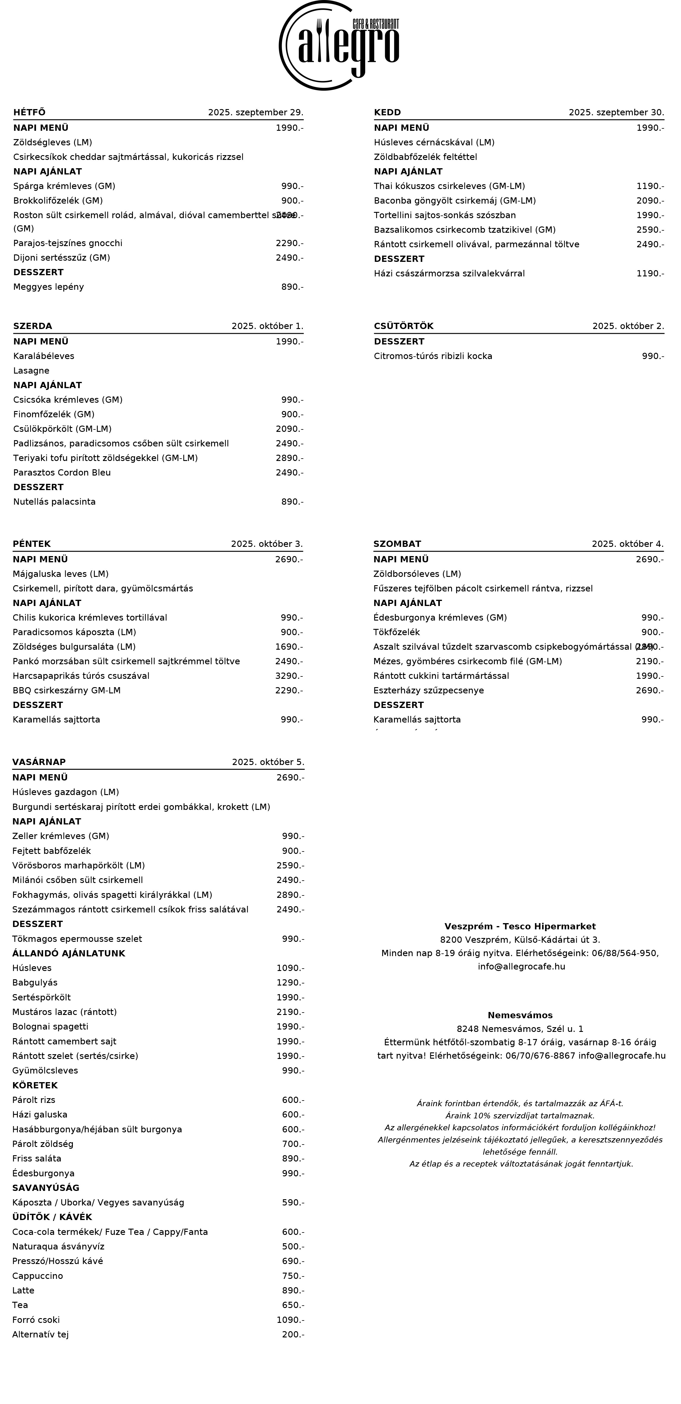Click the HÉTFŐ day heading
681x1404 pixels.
click(x=29, y=112)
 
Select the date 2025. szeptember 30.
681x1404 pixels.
click(x=616, y=112)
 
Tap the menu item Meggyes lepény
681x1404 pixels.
click(x=48, y=287)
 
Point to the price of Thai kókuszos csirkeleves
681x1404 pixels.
click(x=650, y=186)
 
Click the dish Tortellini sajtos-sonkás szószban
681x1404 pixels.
click(x=444, y=215)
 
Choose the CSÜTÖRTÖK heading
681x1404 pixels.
click(x=404, y=326)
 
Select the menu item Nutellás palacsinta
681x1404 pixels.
click(x=54, y=501)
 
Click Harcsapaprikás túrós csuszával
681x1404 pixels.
click(x=81, y=676)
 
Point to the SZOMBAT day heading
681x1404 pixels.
click(x=397, y=544)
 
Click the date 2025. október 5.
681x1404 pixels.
click(x=268, y=762)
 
